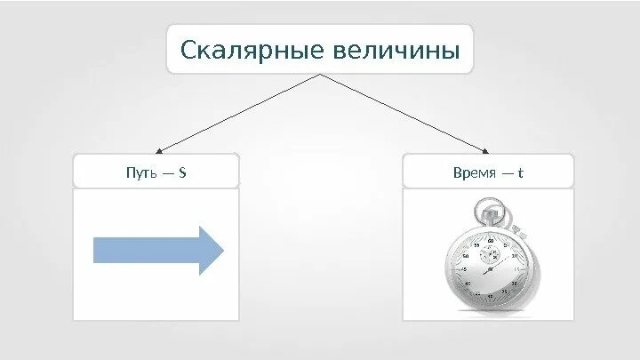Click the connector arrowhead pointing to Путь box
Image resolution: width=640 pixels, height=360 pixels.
point(156,151)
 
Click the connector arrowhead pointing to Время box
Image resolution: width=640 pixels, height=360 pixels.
point(485,151)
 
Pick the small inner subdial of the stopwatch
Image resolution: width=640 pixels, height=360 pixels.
point(490,253)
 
